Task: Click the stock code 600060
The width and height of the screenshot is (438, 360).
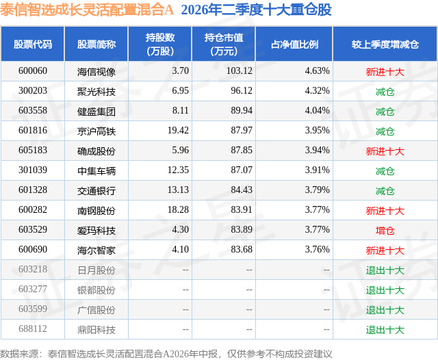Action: pos(33,71)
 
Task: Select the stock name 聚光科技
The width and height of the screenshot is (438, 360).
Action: pos(96,91)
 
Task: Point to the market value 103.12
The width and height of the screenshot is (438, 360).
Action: pos(240,71)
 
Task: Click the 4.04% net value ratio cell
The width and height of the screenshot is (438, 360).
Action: pos(317,111)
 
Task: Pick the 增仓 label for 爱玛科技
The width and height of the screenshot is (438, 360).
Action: pos(385,231)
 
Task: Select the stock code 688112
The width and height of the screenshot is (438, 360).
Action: pos(33,329)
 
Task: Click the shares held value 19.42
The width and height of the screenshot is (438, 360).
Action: pos(178,131)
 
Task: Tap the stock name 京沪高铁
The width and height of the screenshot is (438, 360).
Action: pos(96,131)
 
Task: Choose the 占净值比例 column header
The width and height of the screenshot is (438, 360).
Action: pos(294,44)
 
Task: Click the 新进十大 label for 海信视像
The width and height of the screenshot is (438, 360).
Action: pos(385,72)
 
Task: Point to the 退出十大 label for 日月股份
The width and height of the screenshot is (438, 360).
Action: pos(385,270)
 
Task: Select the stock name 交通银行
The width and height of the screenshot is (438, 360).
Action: pos(96,190)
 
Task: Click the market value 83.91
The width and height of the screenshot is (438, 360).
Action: pos(242,209)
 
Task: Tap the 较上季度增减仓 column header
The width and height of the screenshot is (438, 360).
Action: pos(385,44)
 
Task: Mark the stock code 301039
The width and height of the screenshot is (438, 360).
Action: pos(33,170)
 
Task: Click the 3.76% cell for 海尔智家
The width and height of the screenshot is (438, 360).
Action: pos(317,249)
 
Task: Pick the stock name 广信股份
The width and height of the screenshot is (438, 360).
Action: pos(96,310)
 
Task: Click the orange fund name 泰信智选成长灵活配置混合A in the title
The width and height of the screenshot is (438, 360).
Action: pos(87,10)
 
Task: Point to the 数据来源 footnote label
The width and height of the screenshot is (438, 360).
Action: pos(19,354)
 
